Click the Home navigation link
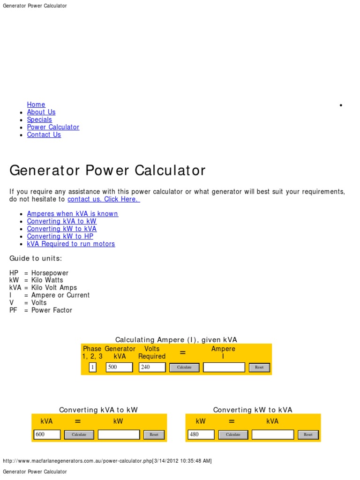tap(36, 105)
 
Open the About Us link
tap(41, 112)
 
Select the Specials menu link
tap(39, 120)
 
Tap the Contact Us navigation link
tap(44, 135)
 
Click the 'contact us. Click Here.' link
tap(104, 199)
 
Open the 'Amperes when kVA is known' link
tap(73, 214)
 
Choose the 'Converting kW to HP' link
tap(60, 236)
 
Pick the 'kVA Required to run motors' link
tap(71, 244)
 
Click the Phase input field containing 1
tap(92, 367)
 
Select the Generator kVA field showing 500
tap(120, 367)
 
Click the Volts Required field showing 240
tap(152, 367)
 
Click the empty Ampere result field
tap(224, 367)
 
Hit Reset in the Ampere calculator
tap(259, 367)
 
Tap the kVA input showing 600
tap(47, 435)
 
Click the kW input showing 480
tap(201, 435)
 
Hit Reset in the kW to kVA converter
tap(308, 435)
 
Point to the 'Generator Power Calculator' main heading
tap(107, 170)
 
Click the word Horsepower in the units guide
tap(50, 273)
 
